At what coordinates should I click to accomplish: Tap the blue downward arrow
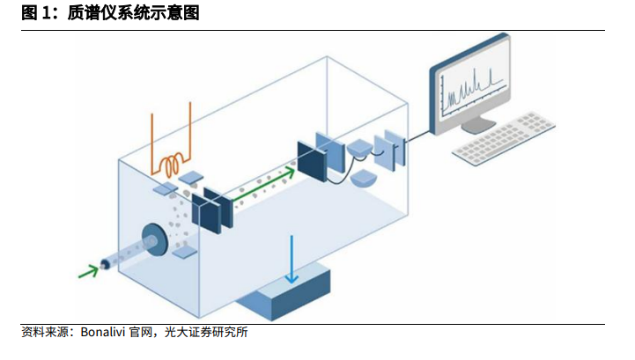tap(292, 259)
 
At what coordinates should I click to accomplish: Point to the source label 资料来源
tap(45, 333)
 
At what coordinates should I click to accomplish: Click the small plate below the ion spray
tap(185, 253)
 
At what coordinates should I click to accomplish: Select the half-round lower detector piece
tap(364, 180)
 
